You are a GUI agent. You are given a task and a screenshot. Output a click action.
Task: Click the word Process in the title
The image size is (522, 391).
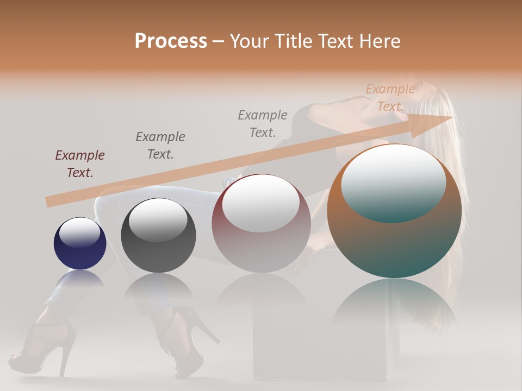click(x=171, y=41)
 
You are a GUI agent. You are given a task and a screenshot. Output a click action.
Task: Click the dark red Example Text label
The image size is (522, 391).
click(x=80, y=164)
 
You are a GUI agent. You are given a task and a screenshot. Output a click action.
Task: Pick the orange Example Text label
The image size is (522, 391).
click(x=390, y=98)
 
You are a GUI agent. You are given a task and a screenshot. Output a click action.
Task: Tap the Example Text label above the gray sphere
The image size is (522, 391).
click(x=160, y=145)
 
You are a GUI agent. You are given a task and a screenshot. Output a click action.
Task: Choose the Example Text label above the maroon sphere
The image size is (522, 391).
click(x=263, y=123)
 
